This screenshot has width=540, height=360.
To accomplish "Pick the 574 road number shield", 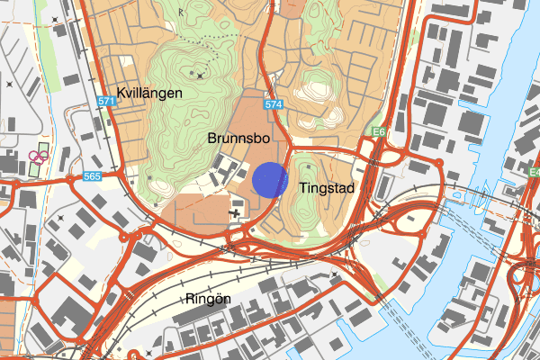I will pos(274,105).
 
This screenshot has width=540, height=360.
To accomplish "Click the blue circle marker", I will pos(269,179).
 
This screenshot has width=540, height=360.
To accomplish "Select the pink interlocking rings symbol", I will pos(38,156).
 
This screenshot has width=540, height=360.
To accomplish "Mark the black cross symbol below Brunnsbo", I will pos(236,213).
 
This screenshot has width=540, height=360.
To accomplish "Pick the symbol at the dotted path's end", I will pos(205,70).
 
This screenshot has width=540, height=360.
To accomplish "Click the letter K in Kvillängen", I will pos(121,93).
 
